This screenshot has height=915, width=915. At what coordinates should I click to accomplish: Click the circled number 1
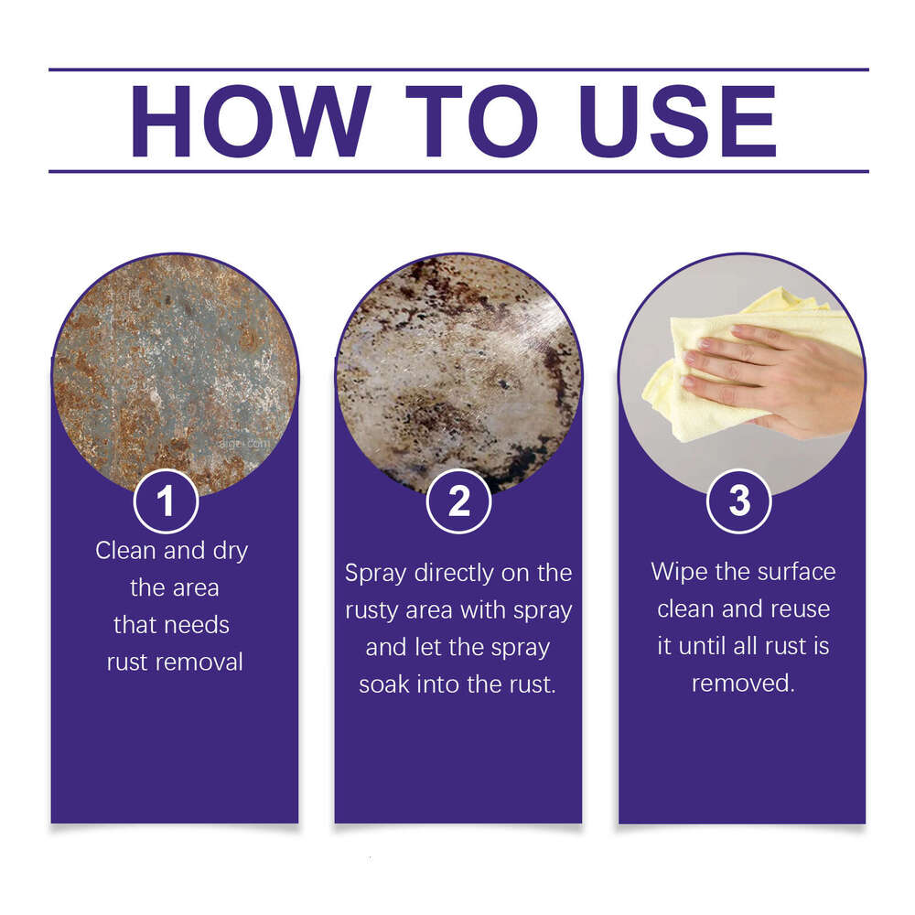click(x=166, y=501)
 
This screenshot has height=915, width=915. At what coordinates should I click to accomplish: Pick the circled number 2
click(x=458, y=501)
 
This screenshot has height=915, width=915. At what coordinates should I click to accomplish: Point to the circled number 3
click(x=739, y=501)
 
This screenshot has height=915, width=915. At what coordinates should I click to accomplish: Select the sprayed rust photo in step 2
click(x=457, y=366)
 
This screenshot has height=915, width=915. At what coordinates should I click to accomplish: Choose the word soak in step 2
click(x=389, y=684)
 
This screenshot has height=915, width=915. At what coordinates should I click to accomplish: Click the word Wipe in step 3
click(x=676, y=572)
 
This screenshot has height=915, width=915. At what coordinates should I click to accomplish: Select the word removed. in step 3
click(x=743, y=683)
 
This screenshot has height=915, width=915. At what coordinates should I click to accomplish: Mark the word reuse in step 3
click(x=798, y=608)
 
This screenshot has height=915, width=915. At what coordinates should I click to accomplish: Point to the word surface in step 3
click(x=789, y=572)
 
